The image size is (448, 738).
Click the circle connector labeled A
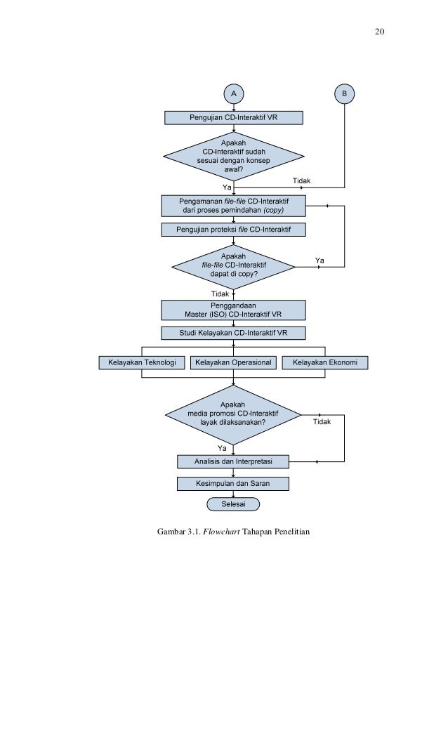point(233,93)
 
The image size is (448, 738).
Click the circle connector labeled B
point(344,93)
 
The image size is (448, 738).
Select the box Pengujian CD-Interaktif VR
point(233,118)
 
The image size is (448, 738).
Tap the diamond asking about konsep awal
point(233,157)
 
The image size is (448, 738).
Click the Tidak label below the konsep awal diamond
point(302,180)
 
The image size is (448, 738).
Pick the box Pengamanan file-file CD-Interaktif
point(233,206)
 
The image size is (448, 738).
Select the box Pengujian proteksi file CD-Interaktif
point(233,230)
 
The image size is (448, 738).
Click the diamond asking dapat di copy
point(233,267)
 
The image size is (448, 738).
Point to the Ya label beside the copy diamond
point(319,261)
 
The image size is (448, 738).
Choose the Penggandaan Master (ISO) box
point(233,310)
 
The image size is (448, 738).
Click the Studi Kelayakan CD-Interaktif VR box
point(233,334)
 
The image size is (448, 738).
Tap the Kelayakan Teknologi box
point(142,363)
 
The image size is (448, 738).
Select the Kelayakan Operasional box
point(233,363)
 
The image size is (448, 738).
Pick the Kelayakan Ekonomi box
point(324,363)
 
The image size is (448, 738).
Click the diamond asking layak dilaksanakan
point(233,415)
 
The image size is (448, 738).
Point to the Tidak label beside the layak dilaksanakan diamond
point(322,422)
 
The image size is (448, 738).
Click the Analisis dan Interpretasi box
point(233,462)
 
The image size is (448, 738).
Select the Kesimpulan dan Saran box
point(233,484)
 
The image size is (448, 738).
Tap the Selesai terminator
point(233,504)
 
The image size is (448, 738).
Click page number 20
point(380,32)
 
